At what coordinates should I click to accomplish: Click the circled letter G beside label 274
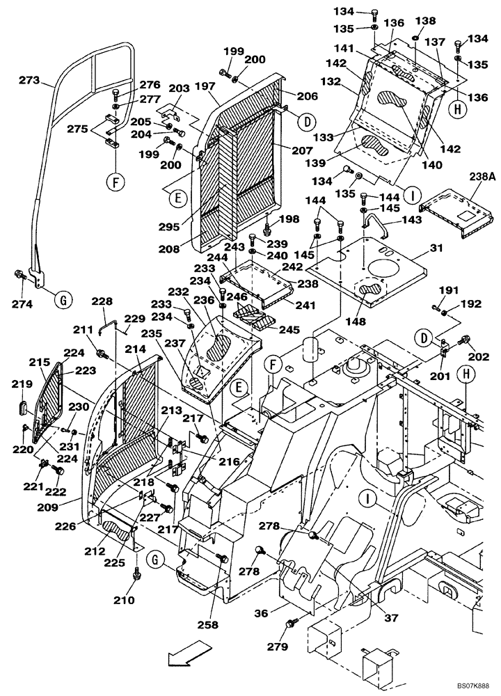pos(63,301)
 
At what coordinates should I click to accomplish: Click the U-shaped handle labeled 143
pos(376,226)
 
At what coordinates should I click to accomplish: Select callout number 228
pos(102,301)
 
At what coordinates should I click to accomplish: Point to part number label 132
pos(332,81)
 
